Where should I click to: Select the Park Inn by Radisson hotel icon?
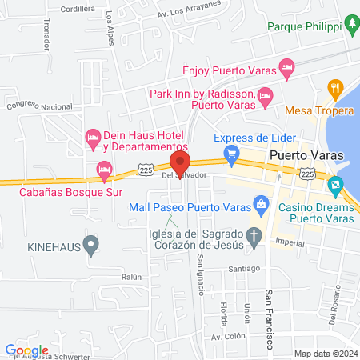coord(266,97)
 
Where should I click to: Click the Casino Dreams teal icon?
coord(334,186)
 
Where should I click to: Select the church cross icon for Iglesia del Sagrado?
coord(254,235)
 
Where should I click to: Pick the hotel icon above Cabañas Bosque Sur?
coord(103,170)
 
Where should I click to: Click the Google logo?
coord(26,350)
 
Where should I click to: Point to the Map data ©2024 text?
coord(325,353)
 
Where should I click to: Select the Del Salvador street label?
coord(184,174)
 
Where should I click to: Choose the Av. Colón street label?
coord(226,337)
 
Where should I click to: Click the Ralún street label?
coord(133,277)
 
